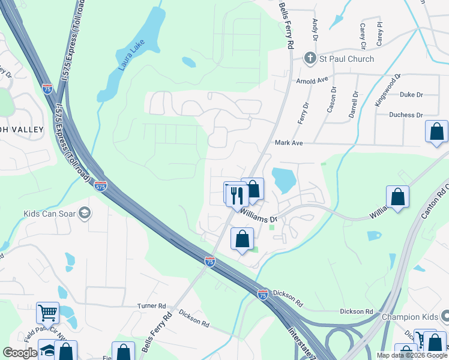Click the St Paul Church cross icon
[310, 59]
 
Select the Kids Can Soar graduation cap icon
[85, 213]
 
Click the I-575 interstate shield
[101, 187]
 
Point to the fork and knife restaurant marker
[237, 194]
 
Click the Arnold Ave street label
[312, 80]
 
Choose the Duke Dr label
[411, 95]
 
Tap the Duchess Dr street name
[406, 115]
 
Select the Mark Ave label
[289, 143]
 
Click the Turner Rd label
[151, 306]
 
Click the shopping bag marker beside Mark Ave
[436, 131]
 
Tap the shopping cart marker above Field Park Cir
[47, 313]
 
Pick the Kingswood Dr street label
[387, 91]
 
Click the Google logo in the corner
[20, 353]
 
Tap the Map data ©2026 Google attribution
[412, 355]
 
